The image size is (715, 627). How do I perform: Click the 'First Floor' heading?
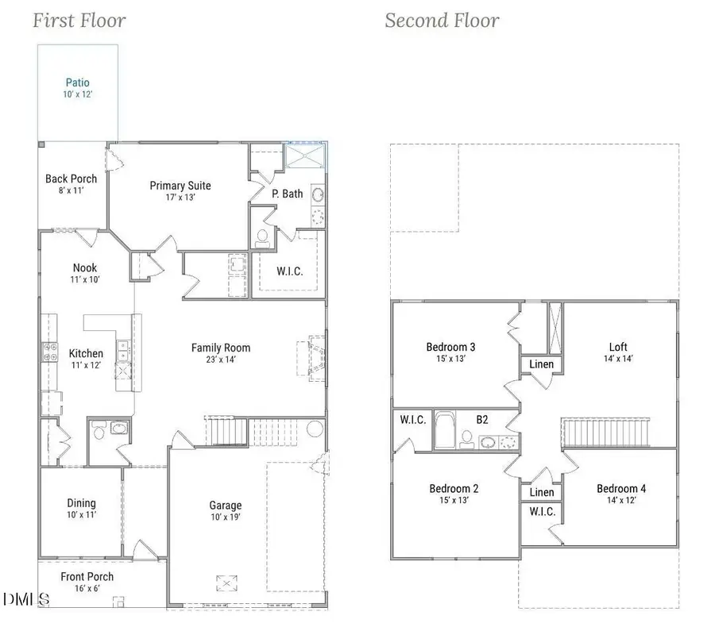pos(79,21)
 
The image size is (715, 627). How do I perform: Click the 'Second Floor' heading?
pos(442,21)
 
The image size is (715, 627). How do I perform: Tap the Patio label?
pos(78,82)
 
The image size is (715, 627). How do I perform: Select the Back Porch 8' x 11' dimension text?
pos(71,190)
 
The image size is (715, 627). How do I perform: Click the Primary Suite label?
pos(180,186)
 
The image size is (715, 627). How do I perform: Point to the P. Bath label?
pos(287,193)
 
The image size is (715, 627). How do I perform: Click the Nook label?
pos(85,267)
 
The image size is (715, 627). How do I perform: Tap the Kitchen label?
pos(86,353)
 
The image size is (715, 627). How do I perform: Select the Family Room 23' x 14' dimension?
pos(220,360)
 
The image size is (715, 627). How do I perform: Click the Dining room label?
pos(81,502)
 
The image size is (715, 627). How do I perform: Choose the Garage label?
pos(226,505)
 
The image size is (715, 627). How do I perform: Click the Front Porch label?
pos(87,576)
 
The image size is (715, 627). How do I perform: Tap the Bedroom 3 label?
pos(450,347)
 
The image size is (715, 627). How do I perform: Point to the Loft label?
pos(618,347)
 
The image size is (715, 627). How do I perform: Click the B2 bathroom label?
pos(481,419)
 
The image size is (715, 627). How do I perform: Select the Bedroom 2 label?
pos(454,488)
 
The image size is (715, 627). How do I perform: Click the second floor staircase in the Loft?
pos(606,433)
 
